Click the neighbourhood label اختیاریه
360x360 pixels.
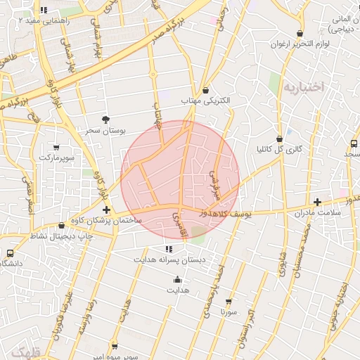(304, 86)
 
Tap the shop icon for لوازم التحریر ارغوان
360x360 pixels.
(300, 33)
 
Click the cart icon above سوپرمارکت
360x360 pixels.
(56, 148)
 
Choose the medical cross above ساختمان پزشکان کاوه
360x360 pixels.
(106, 210)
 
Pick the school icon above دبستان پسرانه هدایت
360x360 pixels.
(168, 249)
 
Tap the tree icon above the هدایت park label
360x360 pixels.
(176, 279)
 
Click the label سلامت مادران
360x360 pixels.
(318, 212)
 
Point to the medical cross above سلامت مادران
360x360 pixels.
(317, 202)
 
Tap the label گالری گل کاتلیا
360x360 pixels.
(279, 149)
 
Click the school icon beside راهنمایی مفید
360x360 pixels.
(44, 11)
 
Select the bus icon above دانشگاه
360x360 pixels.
(11, 253)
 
